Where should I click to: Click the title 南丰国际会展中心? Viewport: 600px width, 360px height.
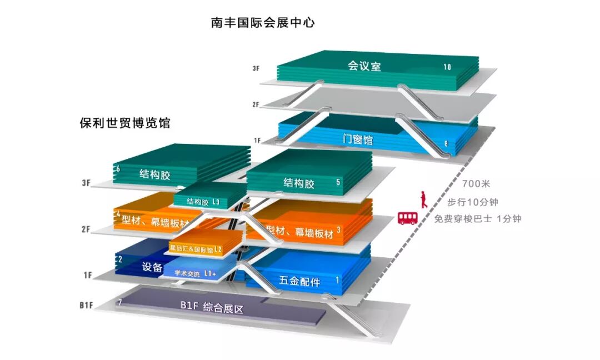click(263, 23)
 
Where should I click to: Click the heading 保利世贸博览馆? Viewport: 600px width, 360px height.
click(124, 123)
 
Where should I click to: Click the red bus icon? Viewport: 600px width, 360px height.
click(407, 218)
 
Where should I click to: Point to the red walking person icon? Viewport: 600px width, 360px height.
click(423, 199)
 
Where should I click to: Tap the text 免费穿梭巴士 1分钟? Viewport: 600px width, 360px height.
click(478, 218)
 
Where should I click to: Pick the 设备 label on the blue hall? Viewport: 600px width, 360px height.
click(152, 267)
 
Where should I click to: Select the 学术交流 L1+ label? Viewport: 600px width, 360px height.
click(195, 273)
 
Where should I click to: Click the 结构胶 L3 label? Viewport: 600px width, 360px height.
click(203, 202)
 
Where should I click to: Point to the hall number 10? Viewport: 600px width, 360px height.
click(447, 67)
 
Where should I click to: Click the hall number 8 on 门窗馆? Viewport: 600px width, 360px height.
click(446, 144)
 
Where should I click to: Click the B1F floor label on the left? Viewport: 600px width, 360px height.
click(85, 305)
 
